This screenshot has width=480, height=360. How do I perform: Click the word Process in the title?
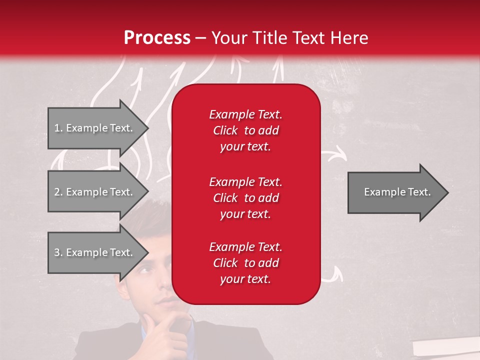click(x=157, y=37)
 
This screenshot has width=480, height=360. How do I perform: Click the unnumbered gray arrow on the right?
click(x=397, y=192)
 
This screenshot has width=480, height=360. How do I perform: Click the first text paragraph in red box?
click(x=245, y=130)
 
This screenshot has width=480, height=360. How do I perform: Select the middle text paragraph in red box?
click(x=245, y=197)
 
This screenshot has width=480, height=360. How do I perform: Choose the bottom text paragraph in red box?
click(x=245, y=263)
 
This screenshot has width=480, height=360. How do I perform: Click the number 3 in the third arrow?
click(x=57, y=252)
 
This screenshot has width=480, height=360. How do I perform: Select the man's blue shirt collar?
click(x=146, y=335)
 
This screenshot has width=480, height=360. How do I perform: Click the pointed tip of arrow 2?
click(x=147, y=192)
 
